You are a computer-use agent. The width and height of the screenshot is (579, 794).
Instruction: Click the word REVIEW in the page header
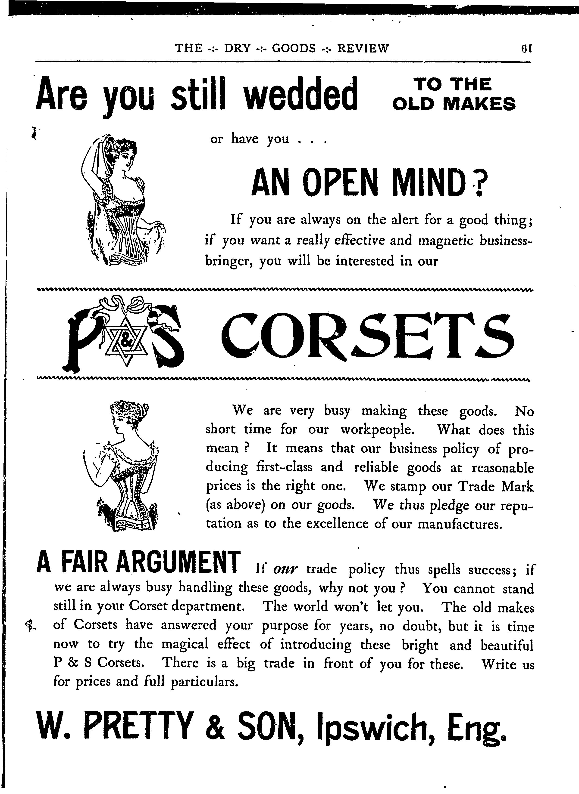tap(363, 48)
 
